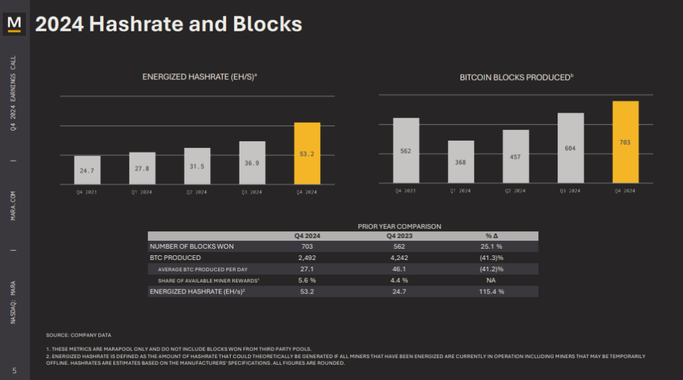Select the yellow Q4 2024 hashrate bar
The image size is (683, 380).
click(307, 153)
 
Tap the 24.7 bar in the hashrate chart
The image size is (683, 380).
click(87, 170)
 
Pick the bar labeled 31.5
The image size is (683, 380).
click(197, 166)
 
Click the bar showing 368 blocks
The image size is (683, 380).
click(461, 161)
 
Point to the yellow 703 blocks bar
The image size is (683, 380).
click(625, 142)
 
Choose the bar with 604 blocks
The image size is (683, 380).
click(570, 147)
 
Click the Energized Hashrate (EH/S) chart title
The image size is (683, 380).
click(199, 77)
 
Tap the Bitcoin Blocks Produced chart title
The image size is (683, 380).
click(516, 77)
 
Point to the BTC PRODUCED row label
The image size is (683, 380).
click(175, 257)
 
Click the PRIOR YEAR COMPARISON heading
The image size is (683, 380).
click(399, 227)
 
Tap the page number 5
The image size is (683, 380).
click(14, 370)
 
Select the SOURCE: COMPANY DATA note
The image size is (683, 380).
click(79, 335)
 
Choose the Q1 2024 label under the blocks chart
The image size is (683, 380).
click(461, 191)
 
